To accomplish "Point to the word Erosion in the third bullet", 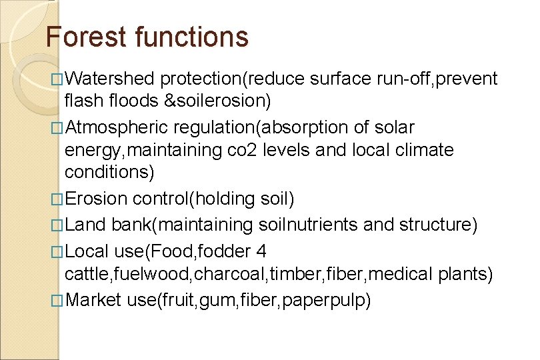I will pyautogui.click(x=97, y=199).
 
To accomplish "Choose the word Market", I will pyautogui.click(x=93, y=300).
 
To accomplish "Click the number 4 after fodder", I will pyautogui.click(x=262, y=251).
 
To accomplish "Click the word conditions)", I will pyautogui.click(x=109, y=172).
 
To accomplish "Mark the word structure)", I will pyautogui.click(x=438, y=225).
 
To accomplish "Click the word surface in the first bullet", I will pyautogui.click(x=343, y=79).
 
